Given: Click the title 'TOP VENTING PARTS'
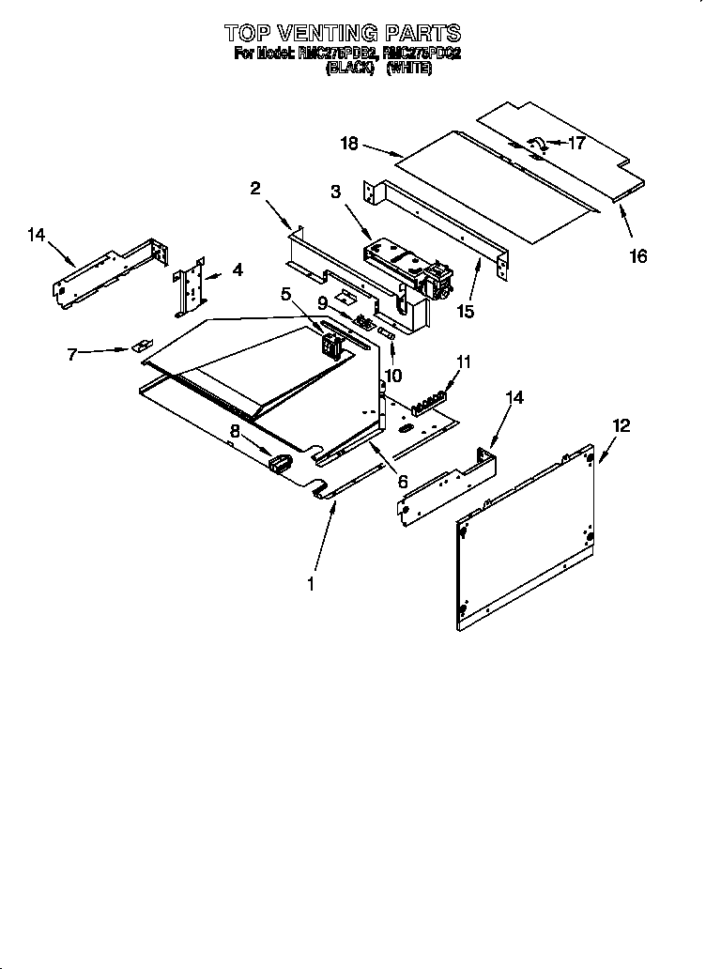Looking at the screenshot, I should coord(344,35).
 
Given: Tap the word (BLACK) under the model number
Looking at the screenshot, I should coord(350,69).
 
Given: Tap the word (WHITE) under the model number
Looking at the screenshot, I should coord(408,69).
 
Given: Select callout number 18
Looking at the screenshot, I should coord(349,143).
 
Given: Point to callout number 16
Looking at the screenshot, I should coord(638,255).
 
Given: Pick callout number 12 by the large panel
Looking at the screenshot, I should coord(622,426).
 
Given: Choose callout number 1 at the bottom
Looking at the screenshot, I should coord(312,583).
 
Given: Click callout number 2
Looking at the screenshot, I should coord(254,189).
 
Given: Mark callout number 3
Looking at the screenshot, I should coord(334,192).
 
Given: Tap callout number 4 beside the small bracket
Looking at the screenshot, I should coord(238,269).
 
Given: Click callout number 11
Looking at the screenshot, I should coord(463,361).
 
